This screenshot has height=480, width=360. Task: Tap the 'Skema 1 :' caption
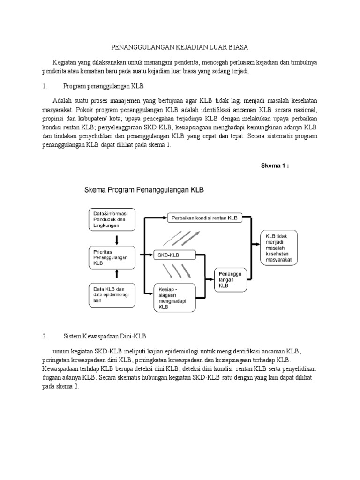[x=278, y=165]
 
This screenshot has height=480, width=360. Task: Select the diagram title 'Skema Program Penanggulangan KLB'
[x=141, y=191]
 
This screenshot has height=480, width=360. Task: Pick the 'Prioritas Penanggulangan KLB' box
[x=112, y=257]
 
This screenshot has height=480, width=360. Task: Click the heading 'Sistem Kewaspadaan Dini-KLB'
[x=105, y=336]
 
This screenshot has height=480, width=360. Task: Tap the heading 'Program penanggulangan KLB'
[x=104, y=87]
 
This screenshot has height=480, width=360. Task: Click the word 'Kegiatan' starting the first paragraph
[x=66, y=63]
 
